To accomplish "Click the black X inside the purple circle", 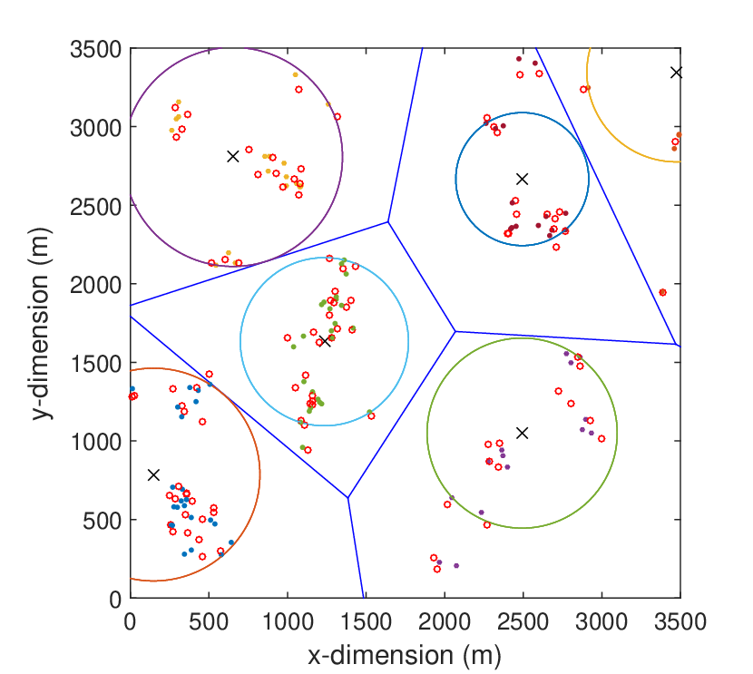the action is click(233, 157).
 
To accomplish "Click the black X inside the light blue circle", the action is click(325, 341).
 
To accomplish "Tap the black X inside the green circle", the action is click(522, 433).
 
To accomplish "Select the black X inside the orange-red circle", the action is click(153, 474).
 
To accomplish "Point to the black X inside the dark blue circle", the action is click(522, 179).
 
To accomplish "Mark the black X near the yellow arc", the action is click(676, 73).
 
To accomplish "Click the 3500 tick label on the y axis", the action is click(96, 49).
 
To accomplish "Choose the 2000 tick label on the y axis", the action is click(96, 285).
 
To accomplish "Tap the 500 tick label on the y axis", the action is click(103, 521).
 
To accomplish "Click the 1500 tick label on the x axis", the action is click(366, 621).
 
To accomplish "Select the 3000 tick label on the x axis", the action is click(601, 621).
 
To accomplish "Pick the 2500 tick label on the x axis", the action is click(523, 621).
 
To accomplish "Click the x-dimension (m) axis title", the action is click(405, 656).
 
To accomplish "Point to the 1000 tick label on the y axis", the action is click(96, 442).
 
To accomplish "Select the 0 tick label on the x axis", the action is click(130, 621).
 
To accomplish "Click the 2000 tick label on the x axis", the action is click(445, 621).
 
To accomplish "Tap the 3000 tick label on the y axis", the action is click(96, 128).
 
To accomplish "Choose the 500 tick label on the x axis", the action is click(209, 621).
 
